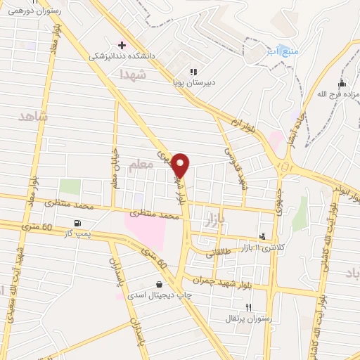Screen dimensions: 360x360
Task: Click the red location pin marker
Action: [x=181, y=165]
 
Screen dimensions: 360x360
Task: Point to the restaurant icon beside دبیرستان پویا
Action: [x=193, y=71]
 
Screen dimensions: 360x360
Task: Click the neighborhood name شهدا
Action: [x=132, y=74]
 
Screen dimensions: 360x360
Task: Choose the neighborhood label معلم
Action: [x=141, y=166]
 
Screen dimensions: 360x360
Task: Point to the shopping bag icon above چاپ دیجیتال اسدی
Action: [x=159, y=284]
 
